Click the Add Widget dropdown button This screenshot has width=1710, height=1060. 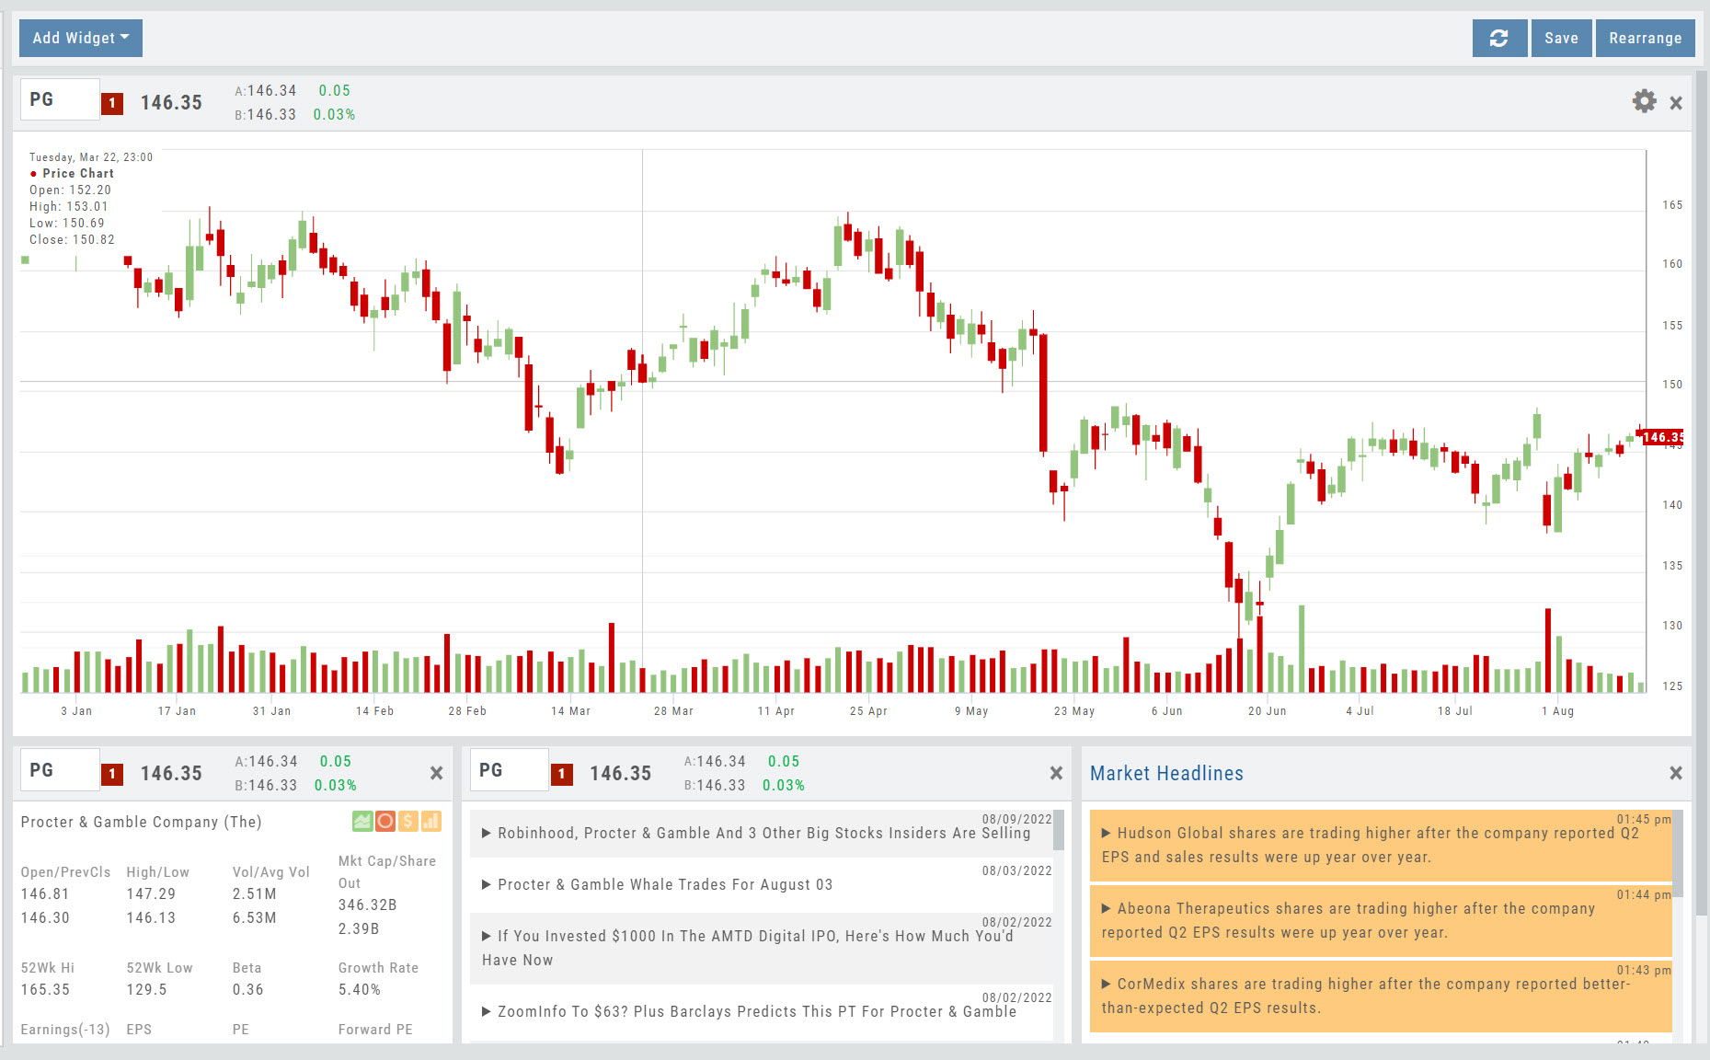pyautogui.click(x=81, y=38)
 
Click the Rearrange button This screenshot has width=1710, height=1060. pyautogui.click(x=1645, y=38)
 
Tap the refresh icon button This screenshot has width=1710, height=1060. pyautogui.click(x=1499, y=38)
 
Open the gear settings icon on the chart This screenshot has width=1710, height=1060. pyautogui.click(x=1644, y=101)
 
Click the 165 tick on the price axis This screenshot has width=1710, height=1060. pyautogui.click(x=1672, y=205)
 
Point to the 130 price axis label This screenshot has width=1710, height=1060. pyautogui.click(x=1672, y=626)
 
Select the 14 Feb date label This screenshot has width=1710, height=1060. pyautogui.click(x=374, y=711)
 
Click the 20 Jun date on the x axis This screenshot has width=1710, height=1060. pyautogui.click(x=1267, y=711)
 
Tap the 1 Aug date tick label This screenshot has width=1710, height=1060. pyautogui.click(x=1557, y=711)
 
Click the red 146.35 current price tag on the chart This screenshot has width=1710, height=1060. pyautogui.click(x=1663, y=437)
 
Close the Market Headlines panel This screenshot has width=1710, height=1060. pyautogui.click(x=1676, y=773)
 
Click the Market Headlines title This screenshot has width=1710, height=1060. pyautogui.click(x=1166, y=774)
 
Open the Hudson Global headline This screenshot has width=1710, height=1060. pyautogui.click(x=1371, y=845)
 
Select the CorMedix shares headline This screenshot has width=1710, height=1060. pyautogui.click(x=1366, y=996)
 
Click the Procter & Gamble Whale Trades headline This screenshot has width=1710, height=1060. pyautogui.click(x=665, y=884)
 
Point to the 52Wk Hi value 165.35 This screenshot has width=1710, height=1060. pyautogui.click(x=45, y=990)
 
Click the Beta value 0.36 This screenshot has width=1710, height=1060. pyautogui.click(x=247, y=990)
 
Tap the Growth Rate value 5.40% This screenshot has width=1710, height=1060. pyautogui.click(x=360, y=990)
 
